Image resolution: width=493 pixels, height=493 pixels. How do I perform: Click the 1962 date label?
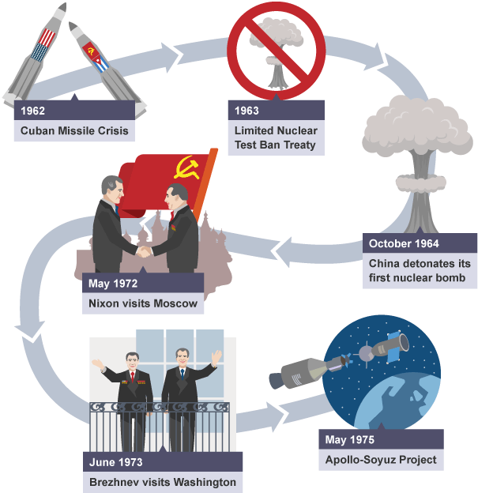click(32, 111)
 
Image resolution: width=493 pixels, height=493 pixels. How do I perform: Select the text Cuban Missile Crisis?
click(74, 130)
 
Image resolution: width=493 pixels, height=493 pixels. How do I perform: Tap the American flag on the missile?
click(43, 45)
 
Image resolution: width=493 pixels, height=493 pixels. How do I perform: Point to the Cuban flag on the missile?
click(100, 64)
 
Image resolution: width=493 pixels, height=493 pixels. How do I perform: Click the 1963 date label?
click(246, 111)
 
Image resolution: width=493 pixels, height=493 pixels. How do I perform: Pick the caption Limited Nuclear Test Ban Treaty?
click(276, 137)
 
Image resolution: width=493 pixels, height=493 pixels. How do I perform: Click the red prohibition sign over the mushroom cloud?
click(277, 51)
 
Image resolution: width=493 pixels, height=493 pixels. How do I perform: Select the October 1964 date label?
click(404, 243)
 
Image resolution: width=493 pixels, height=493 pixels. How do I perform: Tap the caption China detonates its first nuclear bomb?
click(420, 270)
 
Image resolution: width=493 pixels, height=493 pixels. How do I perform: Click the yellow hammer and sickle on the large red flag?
click(188, 167)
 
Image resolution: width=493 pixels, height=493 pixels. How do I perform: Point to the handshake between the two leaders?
click(144, 251)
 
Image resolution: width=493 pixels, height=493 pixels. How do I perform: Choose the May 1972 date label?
click(113, 284)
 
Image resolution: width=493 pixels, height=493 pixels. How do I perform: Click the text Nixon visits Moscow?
click(143, 303)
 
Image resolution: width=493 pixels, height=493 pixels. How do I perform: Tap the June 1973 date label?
click(115, 462)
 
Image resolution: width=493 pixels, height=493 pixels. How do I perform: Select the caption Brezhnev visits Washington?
click(163, 482)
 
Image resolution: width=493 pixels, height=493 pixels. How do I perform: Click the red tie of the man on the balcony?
click(133, 377)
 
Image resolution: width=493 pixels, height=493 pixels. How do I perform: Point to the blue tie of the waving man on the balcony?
click(183, 374)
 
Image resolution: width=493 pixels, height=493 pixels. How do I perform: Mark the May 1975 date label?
click(350, 439)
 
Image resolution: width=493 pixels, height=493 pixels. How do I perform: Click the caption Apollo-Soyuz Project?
click(381, 460)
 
